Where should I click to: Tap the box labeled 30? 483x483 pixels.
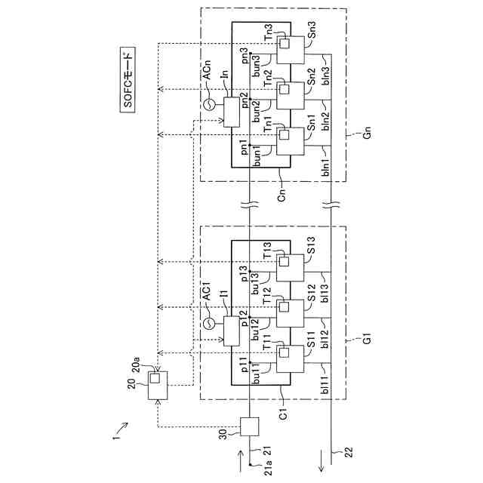pos(248,427)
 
